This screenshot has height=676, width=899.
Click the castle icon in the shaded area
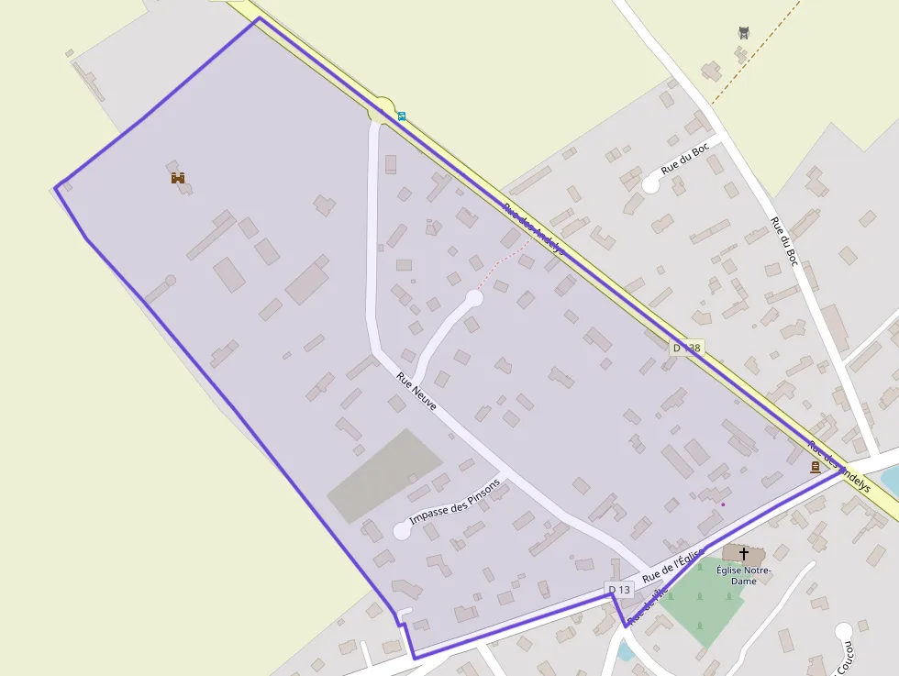pyautogui.click(x=178, y=177)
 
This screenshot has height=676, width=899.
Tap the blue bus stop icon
pyautogui.click(x=401, y=116)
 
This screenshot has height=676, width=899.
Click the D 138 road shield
pyautogui.click(x=685, y=348)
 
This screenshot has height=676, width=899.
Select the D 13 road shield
pyautogui.click(x=619, y=589)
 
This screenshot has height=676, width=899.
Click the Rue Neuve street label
pyautogui.click(x=416, y=390)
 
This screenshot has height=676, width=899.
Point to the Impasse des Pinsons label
pyautogui.click(x=456, y=503)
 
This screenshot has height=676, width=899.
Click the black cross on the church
pyautogui.click(x=743, y=554)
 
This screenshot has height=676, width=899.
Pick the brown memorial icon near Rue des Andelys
pyautogui.click(x=815, y=467)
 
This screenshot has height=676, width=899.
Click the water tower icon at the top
pyautogui.click(x=744, y=33)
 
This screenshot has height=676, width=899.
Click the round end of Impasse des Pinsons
pyautogui.click(x=401, y=530)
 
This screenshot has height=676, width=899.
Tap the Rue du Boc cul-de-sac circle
pyautogui.click(x=650, y=184)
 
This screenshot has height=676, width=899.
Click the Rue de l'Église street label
pyautogui.click(x=672, y=565)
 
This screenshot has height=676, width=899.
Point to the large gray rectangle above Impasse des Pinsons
pyautogui.click(x=384, y=475)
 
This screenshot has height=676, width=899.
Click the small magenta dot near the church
pyautogui.click(x=723, y=504)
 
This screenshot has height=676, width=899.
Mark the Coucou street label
pyautogui.click(x=849, y=657)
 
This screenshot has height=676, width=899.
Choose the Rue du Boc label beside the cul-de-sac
pyautogui.click(x=685, y=160)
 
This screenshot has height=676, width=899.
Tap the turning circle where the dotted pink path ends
pyautogui.click(x=474, y=297)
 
